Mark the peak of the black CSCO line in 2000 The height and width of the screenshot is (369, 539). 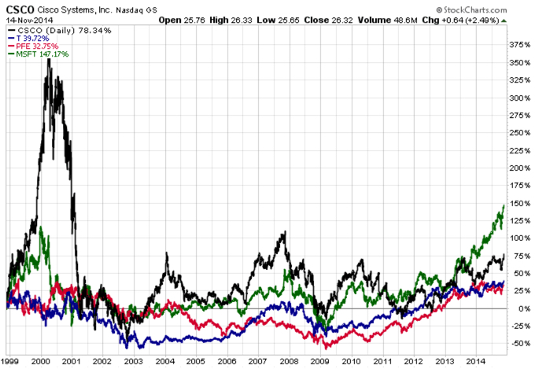50,58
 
